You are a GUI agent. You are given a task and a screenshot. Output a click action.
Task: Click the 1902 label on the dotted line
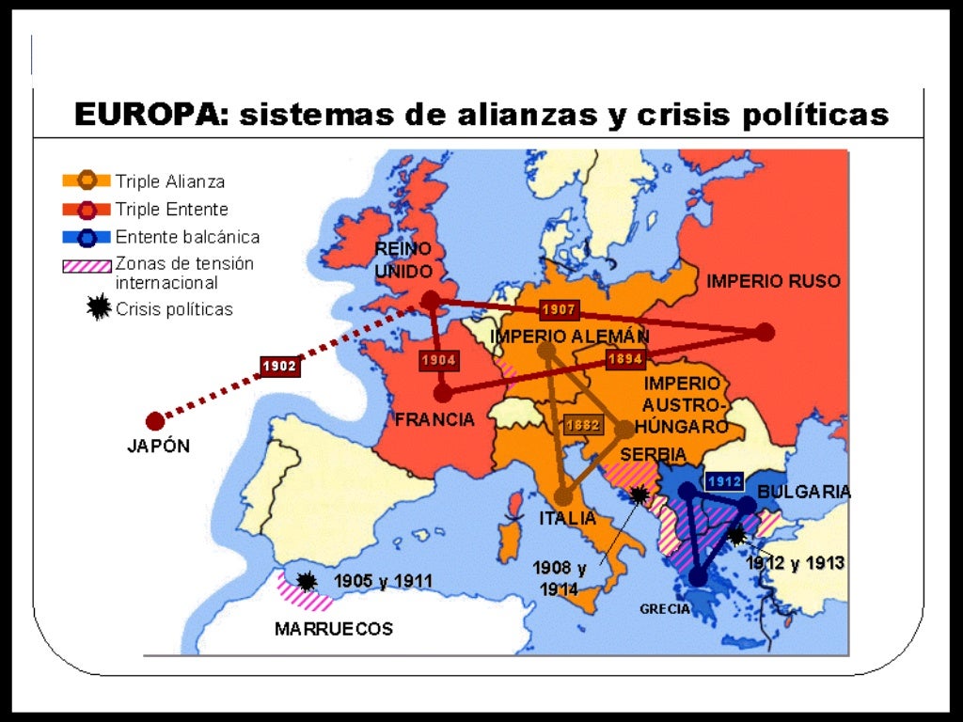[279, 367]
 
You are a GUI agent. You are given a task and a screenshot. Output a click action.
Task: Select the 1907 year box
[559, 309]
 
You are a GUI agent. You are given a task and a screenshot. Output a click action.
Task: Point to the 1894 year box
[625, 358]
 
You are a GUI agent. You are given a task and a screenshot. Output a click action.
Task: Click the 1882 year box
[582, 425]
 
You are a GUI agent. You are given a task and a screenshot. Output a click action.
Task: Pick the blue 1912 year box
[724, 480]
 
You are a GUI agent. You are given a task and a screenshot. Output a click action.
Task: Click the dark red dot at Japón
[155, 420]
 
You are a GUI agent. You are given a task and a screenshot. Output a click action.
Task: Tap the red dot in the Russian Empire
[766, 332]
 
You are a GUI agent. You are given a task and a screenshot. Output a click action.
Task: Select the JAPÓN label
[158, 447]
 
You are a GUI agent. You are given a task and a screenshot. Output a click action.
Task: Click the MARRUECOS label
[333, 629]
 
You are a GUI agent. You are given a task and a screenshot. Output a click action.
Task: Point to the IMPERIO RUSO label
[773, 281]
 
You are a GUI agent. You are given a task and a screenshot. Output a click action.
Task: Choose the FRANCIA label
[434, 419]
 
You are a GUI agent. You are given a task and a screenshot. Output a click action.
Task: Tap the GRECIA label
[665, 609]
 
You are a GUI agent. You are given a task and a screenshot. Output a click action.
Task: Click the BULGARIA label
[804, 492]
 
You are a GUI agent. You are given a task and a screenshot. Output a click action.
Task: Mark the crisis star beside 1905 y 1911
[307, 581]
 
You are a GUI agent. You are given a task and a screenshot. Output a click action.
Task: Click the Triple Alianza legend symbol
[87, 180]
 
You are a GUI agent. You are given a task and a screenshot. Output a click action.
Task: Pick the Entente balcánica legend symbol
[87, 237]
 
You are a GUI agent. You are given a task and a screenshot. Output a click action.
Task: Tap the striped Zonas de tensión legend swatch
[87, 265]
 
